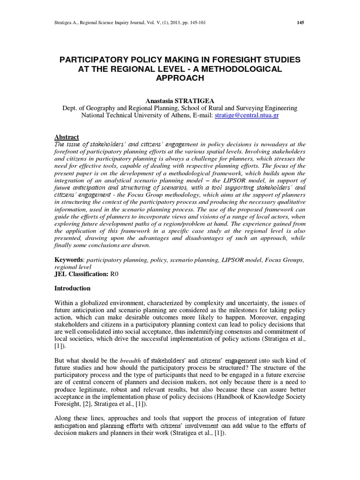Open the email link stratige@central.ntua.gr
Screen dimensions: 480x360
(x=247, y=115)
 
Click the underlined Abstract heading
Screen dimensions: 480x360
(x=67, y=137)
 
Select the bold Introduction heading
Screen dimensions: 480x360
(x=73, y=288)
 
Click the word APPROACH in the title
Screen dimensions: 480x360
(x=180, y=78)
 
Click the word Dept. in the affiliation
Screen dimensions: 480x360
(x=71, y=108)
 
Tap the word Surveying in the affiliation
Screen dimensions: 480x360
(x=247, y=108)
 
